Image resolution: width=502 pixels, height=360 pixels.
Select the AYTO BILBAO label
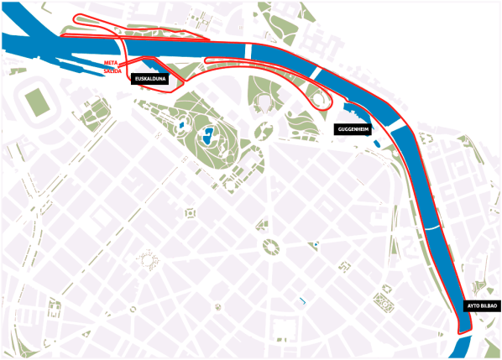point(482,305)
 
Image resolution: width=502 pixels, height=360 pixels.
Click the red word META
point(109,64)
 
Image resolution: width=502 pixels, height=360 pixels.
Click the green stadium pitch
point(37,102)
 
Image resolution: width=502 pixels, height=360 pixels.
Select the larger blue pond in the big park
point(207,134)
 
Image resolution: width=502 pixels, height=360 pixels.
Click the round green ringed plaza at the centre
point(271,246)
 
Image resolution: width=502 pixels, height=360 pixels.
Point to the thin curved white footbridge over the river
point(431,227)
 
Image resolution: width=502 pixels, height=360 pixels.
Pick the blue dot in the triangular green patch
point(316,243)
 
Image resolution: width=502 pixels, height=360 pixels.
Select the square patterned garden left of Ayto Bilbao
point(386,299)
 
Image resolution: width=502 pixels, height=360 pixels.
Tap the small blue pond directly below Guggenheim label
point(376,143)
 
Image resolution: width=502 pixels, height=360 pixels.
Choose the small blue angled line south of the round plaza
point(301,300)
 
